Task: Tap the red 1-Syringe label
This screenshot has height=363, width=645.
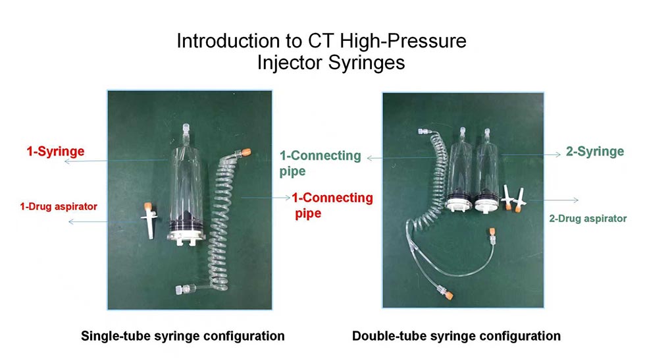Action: [55, 152]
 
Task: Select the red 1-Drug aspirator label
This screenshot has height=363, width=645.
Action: [59, 206]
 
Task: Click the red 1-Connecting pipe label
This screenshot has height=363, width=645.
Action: [332, 205]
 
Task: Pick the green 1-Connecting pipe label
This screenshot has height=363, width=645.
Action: [321, 163]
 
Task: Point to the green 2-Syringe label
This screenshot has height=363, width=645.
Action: [594, 152]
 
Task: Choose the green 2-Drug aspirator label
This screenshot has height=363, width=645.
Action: [588, 219]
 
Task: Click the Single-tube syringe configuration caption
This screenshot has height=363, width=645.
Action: [182, 336]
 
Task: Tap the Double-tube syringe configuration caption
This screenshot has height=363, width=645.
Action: [456, 336]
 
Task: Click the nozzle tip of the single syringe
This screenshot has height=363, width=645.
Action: [186, 131]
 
